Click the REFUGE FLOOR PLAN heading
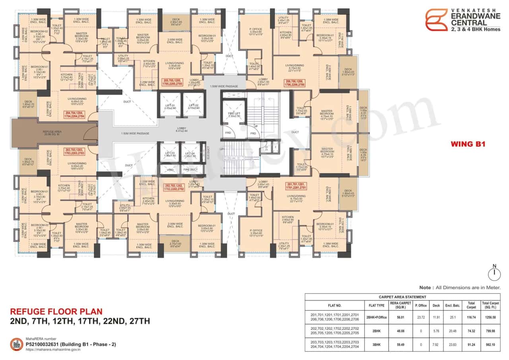point(56,311)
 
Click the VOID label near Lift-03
point(169,170)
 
